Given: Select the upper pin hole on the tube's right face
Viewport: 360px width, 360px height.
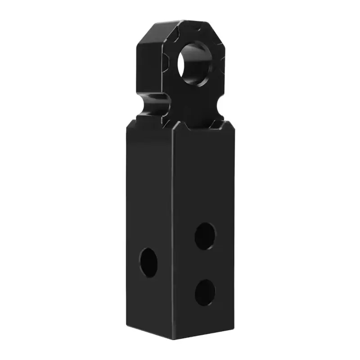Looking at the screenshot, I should coord(205,235).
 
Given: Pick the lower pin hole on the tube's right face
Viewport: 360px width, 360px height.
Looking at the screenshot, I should coord(205,292).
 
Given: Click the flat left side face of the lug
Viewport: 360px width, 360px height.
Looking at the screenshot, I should coord(143,67).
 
